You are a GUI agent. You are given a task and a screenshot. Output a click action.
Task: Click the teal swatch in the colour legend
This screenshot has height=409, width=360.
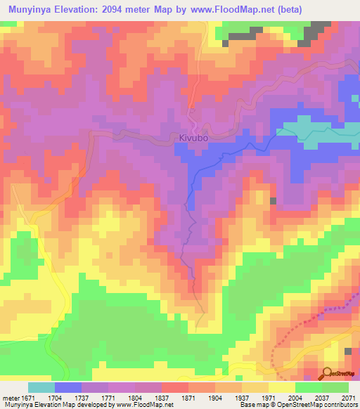(x=41, y=387)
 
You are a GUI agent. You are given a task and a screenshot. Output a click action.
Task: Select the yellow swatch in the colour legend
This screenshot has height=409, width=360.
(x=282, y=387)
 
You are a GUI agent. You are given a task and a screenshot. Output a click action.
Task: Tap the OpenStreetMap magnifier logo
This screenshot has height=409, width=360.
(x=326, y=373)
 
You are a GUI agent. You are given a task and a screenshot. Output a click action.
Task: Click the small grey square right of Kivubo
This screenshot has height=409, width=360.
(x=273, y=201)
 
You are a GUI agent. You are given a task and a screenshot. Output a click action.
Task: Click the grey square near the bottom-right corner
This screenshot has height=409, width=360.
(x=348, y=351)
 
